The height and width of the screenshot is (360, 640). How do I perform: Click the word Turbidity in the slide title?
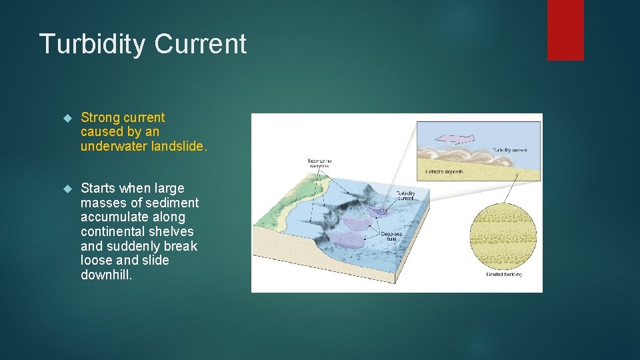[92, 44]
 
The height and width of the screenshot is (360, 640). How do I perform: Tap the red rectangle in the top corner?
[565, 29]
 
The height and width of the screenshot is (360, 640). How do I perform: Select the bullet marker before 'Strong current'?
[65, 118]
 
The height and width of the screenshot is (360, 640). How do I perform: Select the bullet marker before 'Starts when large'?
[65, 189]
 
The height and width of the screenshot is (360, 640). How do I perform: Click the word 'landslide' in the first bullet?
[177, 147]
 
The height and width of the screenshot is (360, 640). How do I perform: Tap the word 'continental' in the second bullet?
[114, 231]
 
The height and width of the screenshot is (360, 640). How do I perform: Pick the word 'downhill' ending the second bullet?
[106, 275]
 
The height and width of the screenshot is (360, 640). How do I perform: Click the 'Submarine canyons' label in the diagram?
[319, 163]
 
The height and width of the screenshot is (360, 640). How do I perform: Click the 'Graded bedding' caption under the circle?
[504, 274]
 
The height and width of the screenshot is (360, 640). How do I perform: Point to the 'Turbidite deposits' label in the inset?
[444, 171]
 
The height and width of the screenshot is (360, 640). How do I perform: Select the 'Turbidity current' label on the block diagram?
[405, 195]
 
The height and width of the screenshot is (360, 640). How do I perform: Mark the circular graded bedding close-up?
[503, 236]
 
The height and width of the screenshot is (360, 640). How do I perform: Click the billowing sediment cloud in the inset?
[467, 157]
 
